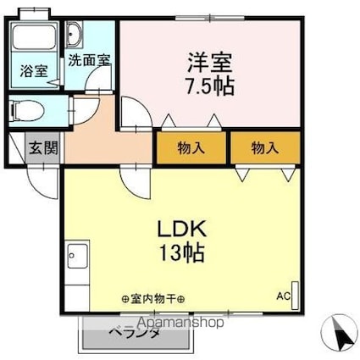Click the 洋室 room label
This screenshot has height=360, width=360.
pos(207,63)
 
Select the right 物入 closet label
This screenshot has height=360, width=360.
pos(264,147)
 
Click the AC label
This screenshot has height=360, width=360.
pos(282,296)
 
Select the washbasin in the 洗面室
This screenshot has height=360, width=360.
pos(75,35)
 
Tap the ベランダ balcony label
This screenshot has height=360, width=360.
pos(135,334)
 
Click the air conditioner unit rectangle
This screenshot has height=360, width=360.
pos(295,292)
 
